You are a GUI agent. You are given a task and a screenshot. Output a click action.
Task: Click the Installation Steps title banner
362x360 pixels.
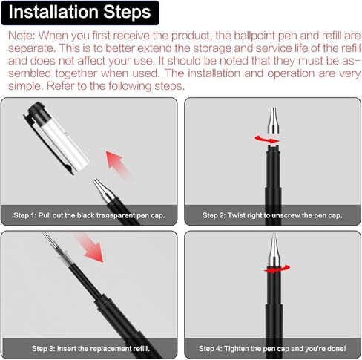pos(80,13)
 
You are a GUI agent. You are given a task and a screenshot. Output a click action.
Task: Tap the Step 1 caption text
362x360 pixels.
pos(89,215)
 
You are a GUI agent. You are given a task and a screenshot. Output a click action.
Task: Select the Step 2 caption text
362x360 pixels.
pos(271,215)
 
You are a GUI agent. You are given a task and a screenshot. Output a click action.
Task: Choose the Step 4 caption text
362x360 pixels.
pos(271,347)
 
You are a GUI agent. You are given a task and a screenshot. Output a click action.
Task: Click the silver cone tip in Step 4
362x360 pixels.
pos(273,252)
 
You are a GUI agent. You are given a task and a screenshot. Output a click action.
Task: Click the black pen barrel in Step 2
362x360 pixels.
pos(273,178)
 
